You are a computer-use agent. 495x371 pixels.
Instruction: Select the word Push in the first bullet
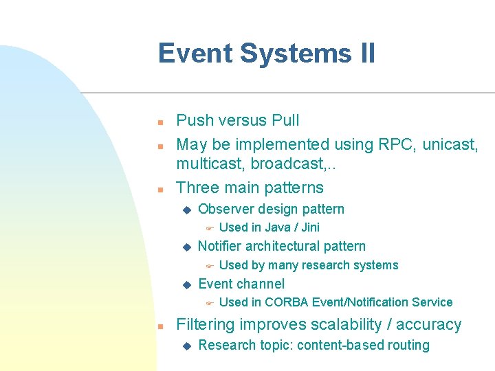(x=194, y=121)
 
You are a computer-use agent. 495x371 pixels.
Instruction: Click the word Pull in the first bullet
(x=285, y=121)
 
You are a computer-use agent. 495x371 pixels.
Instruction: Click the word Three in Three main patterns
(x=197, y=188)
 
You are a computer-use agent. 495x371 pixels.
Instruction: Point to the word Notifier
(x=220, y=247)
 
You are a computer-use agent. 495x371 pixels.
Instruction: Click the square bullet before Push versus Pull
(x=159, y=122)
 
